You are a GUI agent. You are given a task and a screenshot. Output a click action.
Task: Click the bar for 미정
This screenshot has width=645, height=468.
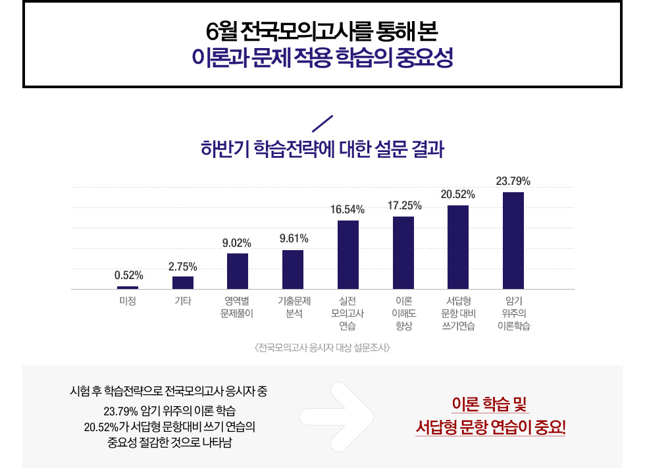tap(128, 288)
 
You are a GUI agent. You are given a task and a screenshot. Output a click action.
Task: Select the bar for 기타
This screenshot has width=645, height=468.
tap(183, 282)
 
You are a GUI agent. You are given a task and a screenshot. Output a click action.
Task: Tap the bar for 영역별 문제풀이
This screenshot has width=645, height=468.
tap(238, 271)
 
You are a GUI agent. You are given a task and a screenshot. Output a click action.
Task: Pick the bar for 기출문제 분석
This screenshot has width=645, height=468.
tap(293, 269)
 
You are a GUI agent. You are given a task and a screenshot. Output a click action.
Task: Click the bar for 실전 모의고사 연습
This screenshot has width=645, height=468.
tap(348, 255)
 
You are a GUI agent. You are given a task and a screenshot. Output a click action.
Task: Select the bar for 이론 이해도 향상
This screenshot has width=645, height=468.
tap(403, 253)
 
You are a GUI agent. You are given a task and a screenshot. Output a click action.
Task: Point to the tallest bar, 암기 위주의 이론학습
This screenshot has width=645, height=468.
tap(513, 240)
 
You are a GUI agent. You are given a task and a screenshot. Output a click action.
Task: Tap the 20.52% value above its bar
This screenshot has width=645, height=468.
tap(458, 194)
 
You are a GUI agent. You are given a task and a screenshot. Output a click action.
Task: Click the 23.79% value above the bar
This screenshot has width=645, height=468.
tap(513, 181)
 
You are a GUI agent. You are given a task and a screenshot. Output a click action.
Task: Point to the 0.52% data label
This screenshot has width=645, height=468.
tap(128, 275)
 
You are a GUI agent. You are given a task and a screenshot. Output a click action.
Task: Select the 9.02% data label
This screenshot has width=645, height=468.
tap(237, 243)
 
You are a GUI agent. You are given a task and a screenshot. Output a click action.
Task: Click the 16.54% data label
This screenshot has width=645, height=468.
tap(348, 209)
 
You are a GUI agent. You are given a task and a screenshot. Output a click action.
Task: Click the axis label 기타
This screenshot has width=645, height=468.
tap(183, 301)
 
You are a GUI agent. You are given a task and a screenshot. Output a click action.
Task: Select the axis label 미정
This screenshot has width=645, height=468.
tap(128, 301)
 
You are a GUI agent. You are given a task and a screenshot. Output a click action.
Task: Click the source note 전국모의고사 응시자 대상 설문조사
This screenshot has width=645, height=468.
tap(322, 347)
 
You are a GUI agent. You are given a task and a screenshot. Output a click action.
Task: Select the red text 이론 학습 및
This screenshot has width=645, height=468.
tap(490, 403)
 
